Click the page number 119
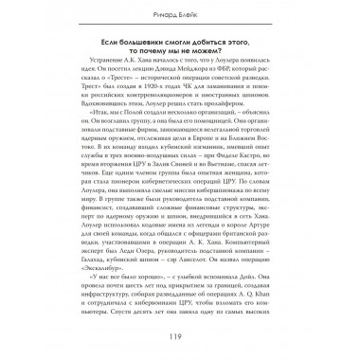coord(180,337)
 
